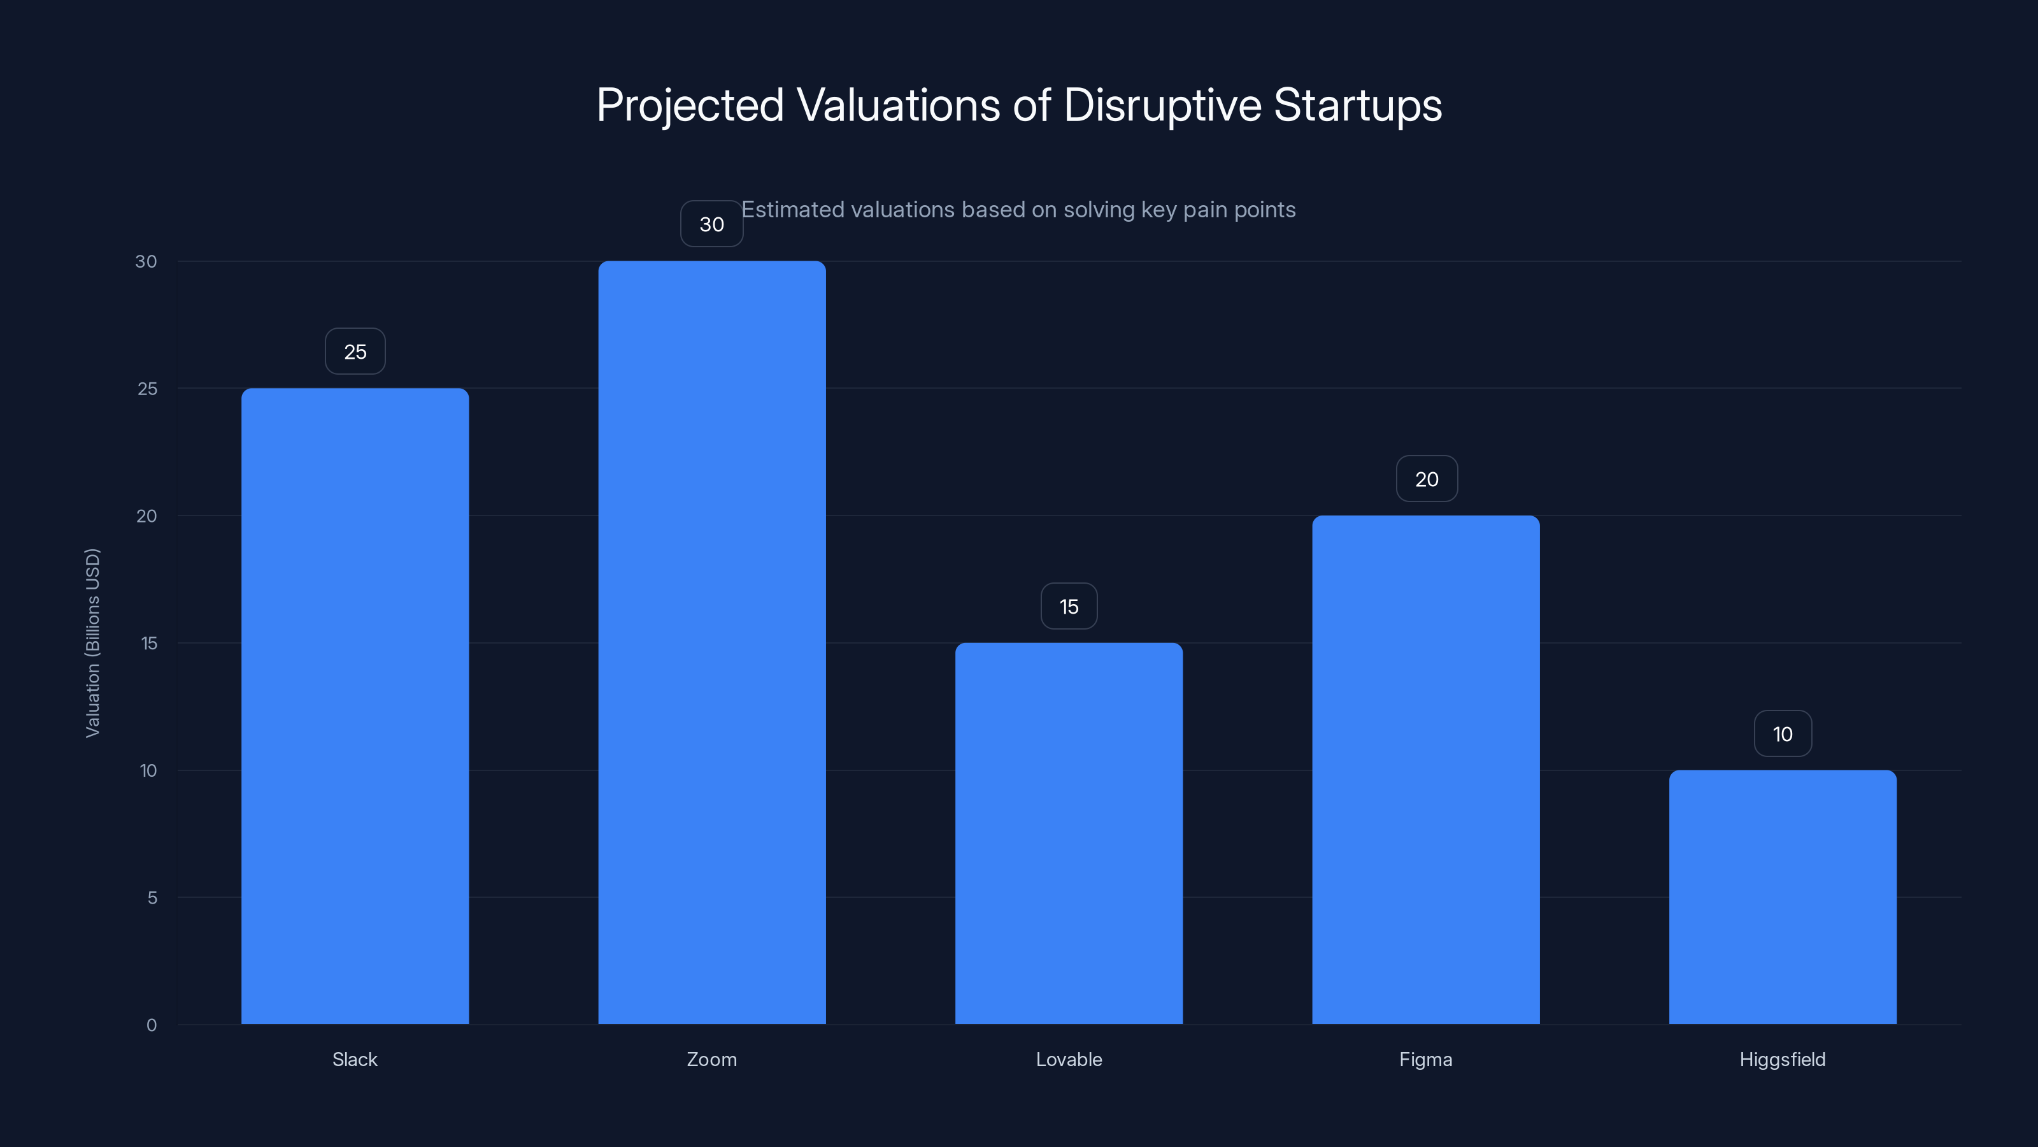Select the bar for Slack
coord(355,705)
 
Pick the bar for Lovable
coord(1068,833)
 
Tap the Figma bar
coord(1426,769)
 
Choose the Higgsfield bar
coord(1783,897)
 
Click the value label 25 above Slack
coord(355,352)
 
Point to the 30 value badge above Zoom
coord(711,224)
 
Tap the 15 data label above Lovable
coord(1069,607)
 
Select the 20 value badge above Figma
coord(1427,479)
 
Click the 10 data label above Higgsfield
coord(1783,734)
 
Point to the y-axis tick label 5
coord(152,898)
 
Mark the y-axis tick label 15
coord(149,644)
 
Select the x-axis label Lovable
coord(1068,1059)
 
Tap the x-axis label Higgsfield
coord(1782,1059)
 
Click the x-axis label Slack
coord(355,1059)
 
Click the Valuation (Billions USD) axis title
coord(92,643)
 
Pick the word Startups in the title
coord(1358,105)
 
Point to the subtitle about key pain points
coord(1018,210)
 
